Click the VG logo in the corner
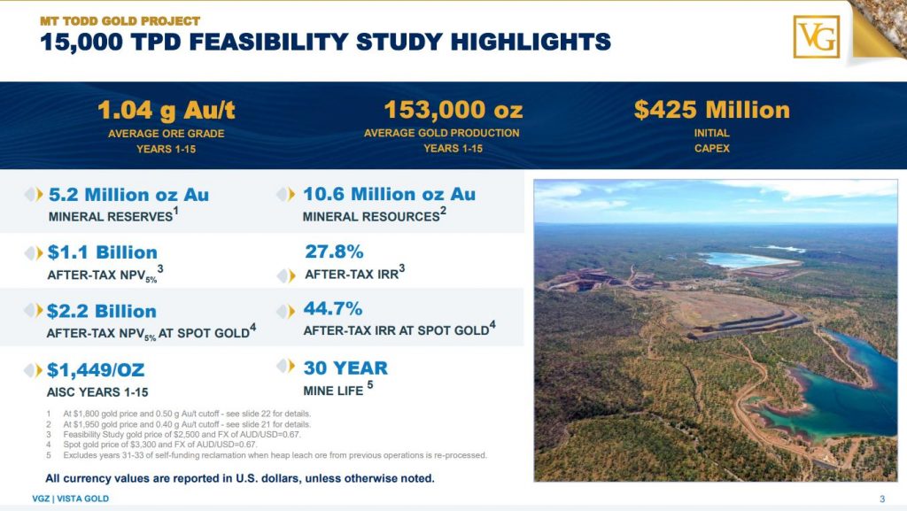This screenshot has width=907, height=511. (x=816, y=37)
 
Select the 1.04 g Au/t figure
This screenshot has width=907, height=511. (x=166, y=111)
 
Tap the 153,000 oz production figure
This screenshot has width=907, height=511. (x=453, y=110)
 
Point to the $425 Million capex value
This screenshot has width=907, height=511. (x=711, y=110)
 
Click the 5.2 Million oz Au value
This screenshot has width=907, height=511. (x=128, y=195)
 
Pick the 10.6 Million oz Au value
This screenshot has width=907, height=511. (x=390, y=194)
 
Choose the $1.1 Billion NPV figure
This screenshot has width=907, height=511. (x=103, y=252)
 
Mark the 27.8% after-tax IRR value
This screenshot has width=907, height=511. (x=334, y=252)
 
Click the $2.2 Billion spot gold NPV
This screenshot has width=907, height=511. (x=102, y=311)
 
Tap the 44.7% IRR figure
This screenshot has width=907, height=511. (x=333, y=309)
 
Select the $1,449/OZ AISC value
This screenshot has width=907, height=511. (x=96, y=370)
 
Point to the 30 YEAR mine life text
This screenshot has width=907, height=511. (x=345, y=368)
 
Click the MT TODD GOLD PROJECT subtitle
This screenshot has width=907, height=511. (x=120, y=21)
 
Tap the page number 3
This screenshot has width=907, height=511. (x=882, y=499)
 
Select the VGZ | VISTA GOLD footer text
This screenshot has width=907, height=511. (x=71, y=499)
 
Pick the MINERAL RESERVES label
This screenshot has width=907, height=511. (x=111, y=217)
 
